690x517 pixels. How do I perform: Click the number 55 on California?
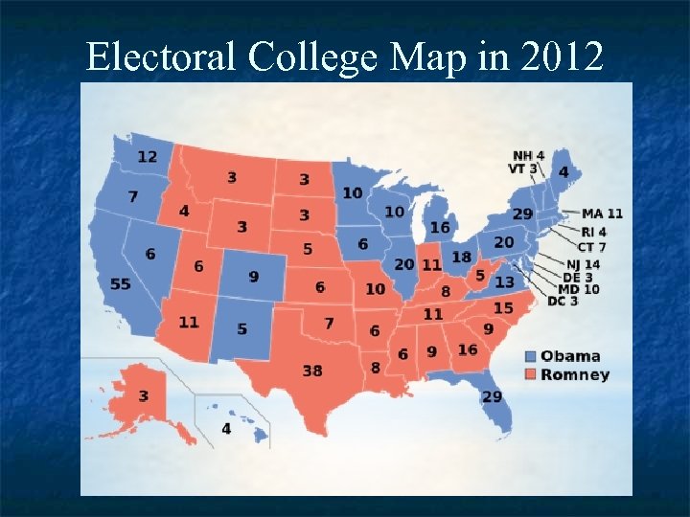121,285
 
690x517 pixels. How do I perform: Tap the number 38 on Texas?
311,370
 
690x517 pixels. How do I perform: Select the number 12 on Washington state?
148,157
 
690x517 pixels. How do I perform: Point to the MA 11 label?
602,214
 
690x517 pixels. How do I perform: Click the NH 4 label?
528,155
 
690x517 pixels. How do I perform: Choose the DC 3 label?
563,302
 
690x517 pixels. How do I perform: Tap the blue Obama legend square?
530,356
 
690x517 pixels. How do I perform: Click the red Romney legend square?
530,374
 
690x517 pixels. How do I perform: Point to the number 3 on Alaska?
143,396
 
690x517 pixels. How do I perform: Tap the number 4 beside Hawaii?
226,428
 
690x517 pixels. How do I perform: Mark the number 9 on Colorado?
253,277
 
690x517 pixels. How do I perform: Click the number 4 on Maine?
563,171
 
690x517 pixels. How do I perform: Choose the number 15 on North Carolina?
503,308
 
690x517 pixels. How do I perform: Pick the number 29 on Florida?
492,396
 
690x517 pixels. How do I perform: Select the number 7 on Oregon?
132,197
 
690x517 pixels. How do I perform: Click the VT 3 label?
522,169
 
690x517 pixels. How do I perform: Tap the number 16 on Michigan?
440,228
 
